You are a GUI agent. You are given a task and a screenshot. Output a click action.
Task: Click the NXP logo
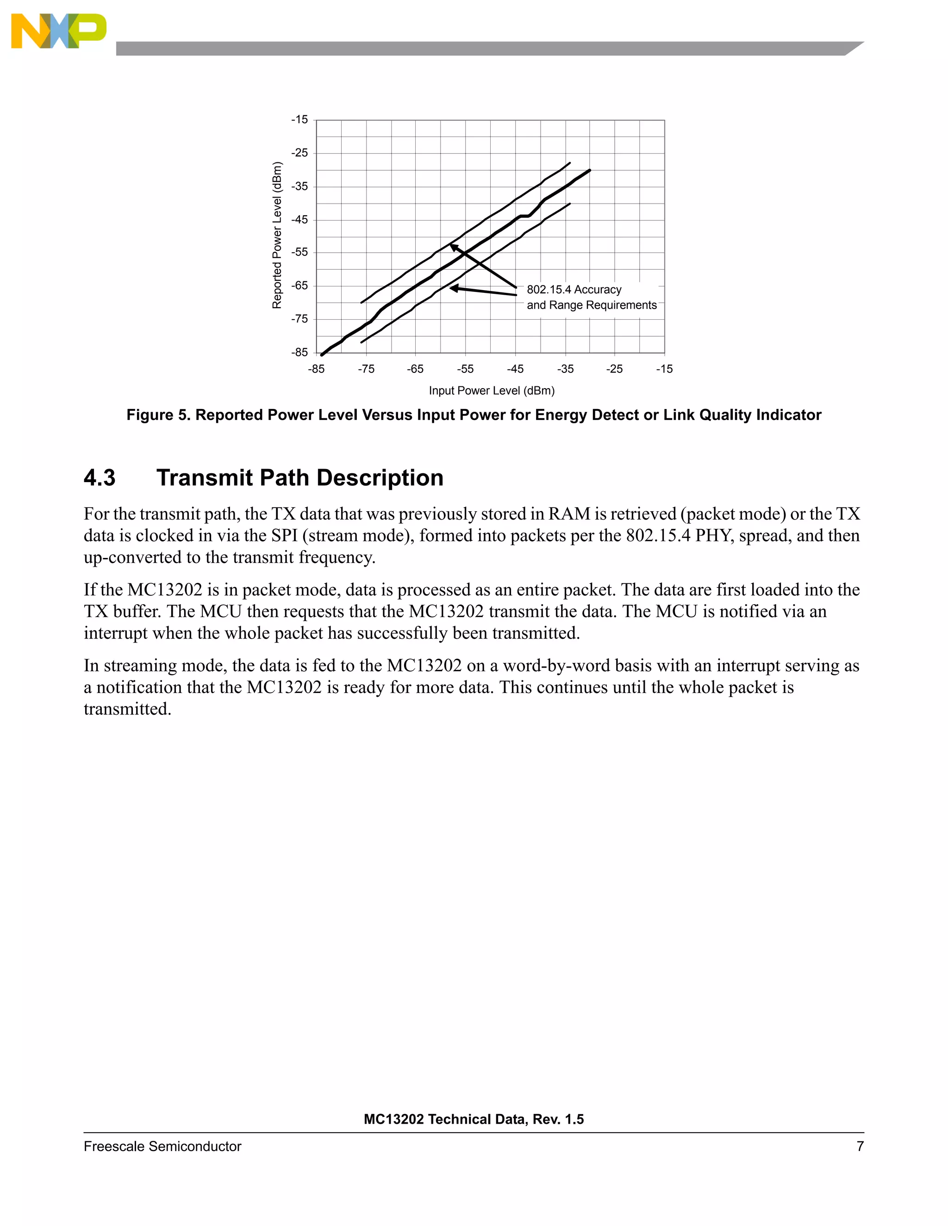(58, 31)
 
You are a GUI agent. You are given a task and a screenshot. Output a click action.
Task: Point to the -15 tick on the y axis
(299, 119)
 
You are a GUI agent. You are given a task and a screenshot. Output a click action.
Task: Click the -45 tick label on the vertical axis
(299, 219)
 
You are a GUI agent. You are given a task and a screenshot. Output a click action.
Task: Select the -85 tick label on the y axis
(299, 353)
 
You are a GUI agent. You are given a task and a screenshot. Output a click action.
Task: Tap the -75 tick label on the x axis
(366, 369)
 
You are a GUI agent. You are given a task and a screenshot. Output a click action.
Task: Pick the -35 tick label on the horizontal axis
(565, 369)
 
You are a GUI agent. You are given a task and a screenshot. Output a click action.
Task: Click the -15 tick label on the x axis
(664, 369)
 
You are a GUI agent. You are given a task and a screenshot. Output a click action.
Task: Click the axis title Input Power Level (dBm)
(492, 391)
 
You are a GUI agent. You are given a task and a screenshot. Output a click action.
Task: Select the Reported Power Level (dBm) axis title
(277, 235)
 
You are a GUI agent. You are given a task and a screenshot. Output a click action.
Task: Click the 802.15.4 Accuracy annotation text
(574, 290)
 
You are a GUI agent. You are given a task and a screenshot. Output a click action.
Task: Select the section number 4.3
(100, 478)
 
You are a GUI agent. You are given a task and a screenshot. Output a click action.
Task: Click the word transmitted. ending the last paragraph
(127, 709)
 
